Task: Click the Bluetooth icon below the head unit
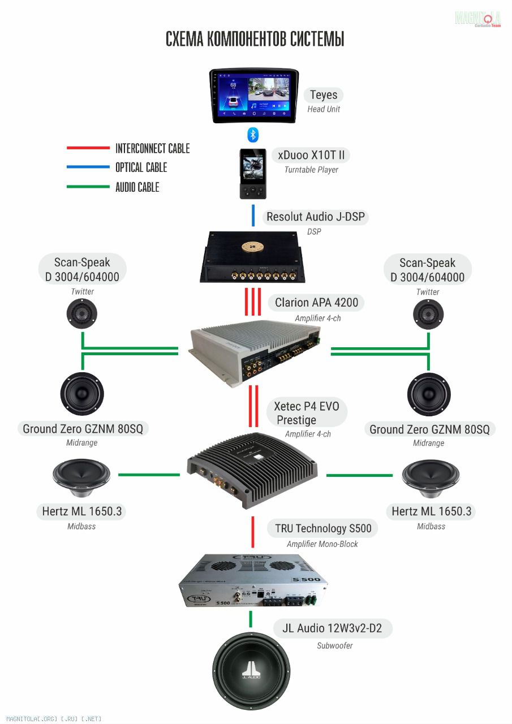tap(253, 135)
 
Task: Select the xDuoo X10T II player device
tap(252, 174)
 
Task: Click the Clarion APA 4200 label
tap(316, 303)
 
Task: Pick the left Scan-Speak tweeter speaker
tap(82, 313)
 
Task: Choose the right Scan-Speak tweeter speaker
tap(428, 313)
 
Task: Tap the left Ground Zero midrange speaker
tap(82, 394)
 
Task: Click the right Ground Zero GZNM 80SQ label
tap(429, 429)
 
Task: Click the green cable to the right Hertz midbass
tap(359, 475)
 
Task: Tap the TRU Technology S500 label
tap(323, 529)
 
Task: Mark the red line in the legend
tap(88, 148)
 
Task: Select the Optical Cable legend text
tap(141, 167)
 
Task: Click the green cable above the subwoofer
tap(251, 619)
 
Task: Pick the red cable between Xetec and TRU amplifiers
tap(252, 532)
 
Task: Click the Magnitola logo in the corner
tap(478, 18)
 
